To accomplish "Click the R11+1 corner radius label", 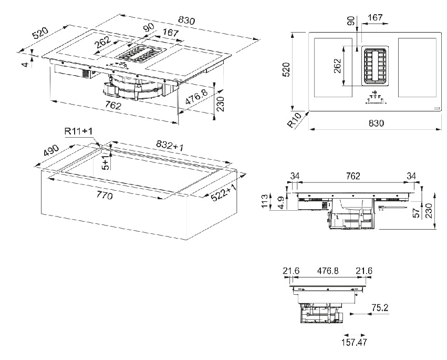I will click(79, 130).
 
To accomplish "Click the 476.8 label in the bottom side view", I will click(326, 271).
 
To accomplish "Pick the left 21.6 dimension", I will click(291, 271).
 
